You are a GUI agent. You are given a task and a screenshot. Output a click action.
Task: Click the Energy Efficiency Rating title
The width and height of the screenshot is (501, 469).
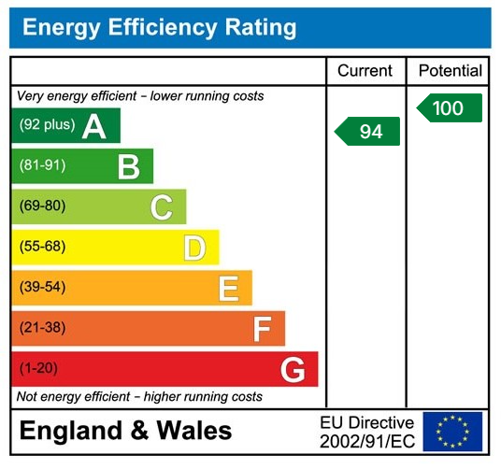point(159,27)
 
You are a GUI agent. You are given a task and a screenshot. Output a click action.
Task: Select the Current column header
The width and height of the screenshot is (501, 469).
point(365,71)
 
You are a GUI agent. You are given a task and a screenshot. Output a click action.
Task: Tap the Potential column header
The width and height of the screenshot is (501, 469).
point(450,71)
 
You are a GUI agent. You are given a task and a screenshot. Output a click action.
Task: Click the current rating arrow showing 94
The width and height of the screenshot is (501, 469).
point(368,132)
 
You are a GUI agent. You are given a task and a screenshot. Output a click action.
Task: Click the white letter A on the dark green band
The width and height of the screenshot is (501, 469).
point(93,126)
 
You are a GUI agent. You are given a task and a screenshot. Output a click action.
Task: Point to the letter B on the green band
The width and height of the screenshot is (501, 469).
point(128,166)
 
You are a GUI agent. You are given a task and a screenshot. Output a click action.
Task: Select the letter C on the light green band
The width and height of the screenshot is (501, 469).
point(161,207)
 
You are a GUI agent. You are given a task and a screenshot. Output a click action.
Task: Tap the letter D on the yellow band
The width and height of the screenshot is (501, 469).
point(194,248)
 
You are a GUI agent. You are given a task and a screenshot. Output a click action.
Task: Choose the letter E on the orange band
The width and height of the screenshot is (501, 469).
point(228,288)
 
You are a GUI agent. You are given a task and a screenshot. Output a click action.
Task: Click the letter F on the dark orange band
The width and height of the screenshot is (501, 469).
point(262,329)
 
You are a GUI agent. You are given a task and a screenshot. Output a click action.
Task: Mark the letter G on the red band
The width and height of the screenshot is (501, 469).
point(293,370)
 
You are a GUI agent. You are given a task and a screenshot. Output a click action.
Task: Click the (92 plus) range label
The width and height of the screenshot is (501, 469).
point(47,125)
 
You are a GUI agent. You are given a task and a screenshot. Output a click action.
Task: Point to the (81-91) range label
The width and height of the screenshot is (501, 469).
point(42,165)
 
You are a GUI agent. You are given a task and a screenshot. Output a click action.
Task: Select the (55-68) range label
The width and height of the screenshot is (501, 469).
point(42,247)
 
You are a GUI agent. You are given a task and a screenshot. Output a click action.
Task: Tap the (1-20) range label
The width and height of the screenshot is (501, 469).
point(38,368)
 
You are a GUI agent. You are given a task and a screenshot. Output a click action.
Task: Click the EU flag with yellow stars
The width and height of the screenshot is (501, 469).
point(453,432)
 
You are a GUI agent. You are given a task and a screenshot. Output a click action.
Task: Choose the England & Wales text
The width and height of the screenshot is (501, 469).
point(126,432)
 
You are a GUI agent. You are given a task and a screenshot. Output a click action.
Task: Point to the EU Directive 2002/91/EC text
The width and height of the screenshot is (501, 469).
point(366,432)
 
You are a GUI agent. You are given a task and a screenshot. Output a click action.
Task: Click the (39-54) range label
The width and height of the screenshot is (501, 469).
point(42,287)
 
